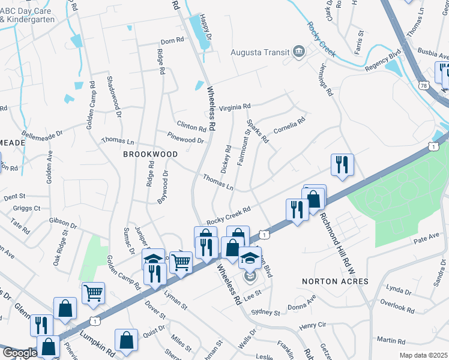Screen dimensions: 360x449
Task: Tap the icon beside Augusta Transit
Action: click(x=298, y=52)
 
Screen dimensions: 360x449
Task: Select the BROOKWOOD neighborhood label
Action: click(x=150, y=154)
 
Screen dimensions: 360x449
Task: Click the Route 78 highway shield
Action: click(x=424, y=86)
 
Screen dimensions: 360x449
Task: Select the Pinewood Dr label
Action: click(x=185, y=137)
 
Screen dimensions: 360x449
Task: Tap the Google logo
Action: click(x=20, y=352)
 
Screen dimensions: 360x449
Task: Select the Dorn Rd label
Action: click(x=171, y=41)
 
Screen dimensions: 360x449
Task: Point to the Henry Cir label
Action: click(x=312, y=326)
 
